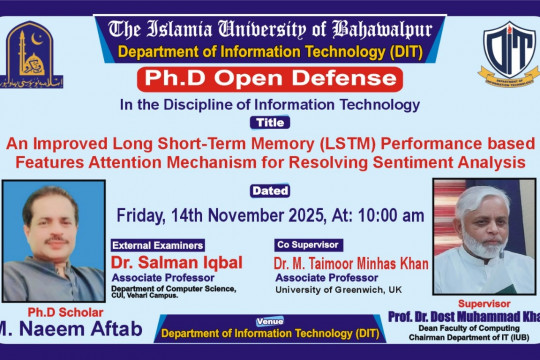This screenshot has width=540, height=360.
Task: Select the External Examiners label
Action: point(159,244)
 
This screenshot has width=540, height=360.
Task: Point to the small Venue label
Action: point(269,321)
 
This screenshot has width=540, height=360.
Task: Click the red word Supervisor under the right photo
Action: point(484,301)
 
